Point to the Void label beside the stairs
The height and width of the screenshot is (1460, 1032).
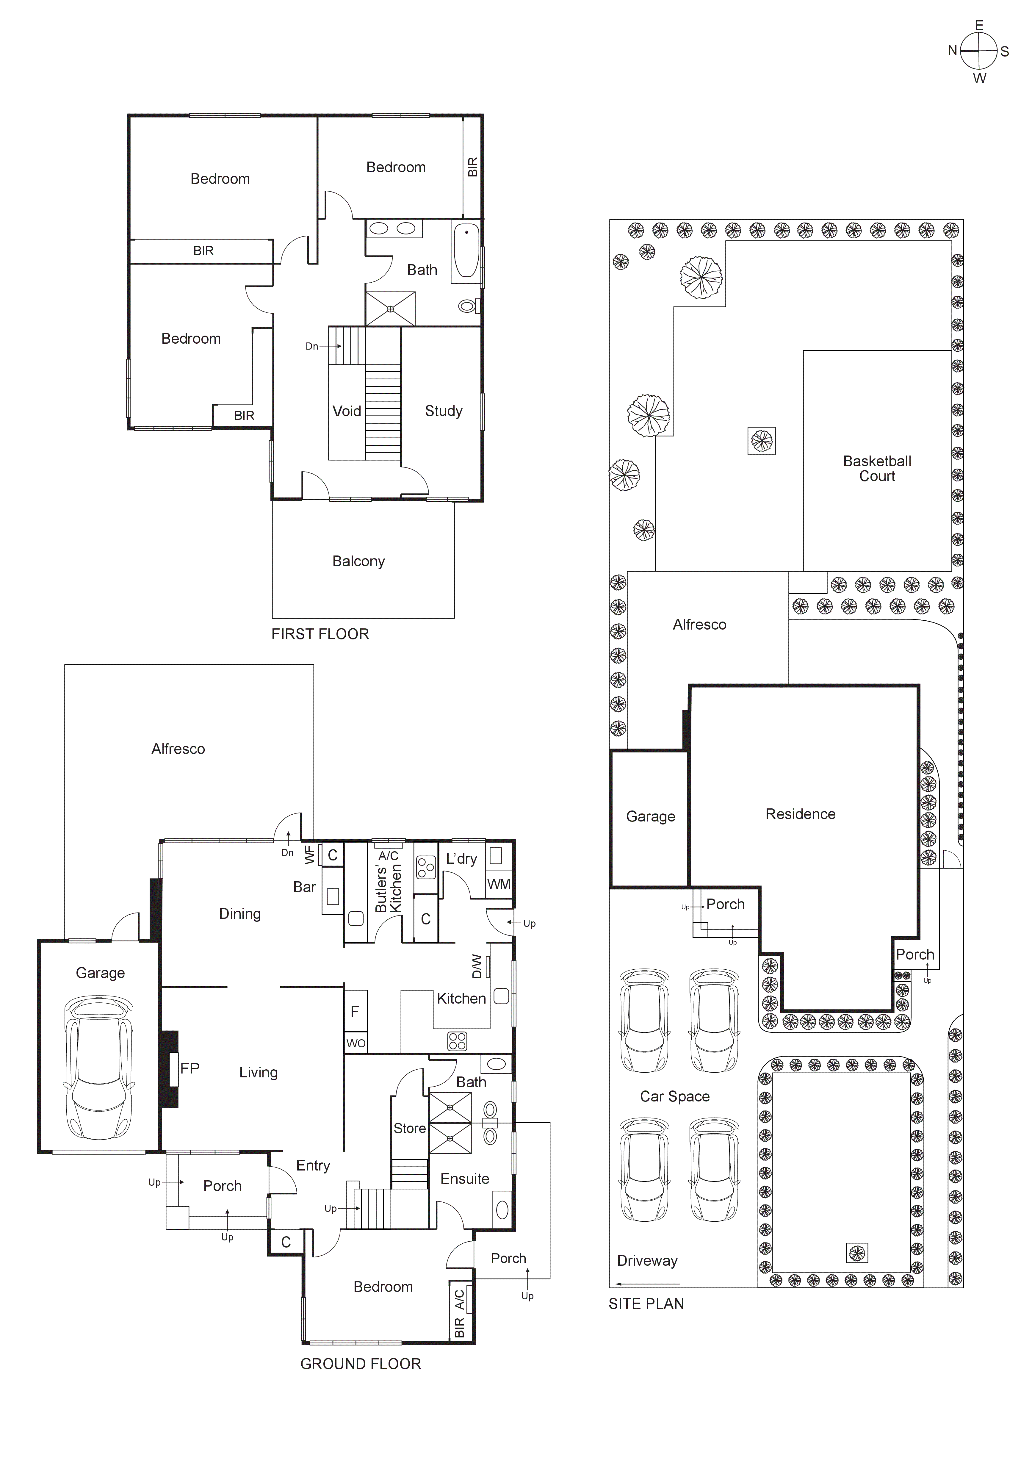tap(347, 411)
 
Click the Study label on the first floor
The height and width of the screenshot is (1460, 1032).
tap(443, 411)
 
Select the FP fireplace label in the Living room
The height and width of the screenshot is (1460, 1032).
tap(190, 1068)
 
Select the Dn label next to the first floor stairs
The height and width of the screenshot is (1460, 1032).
tap(311, 347)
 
